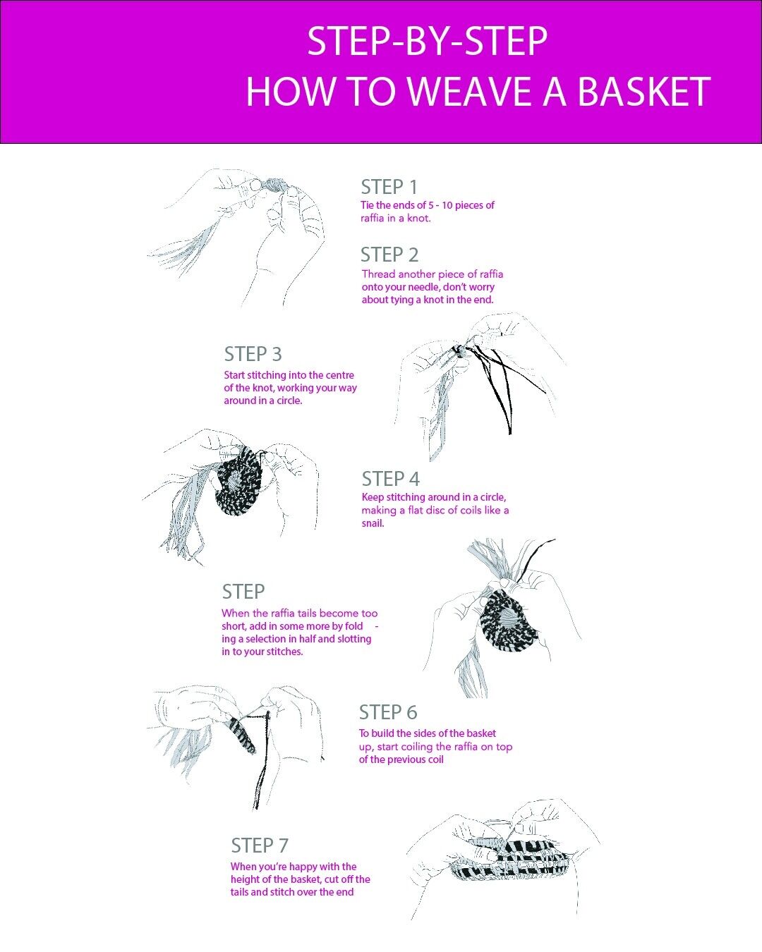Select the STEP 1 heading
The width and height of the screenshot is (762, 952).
389,187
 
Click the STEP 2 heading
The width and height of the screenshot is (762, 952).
389,255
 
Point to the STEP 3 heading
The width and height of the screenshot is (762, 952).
253,354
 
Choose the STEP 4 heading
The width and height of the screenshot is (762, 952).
390,479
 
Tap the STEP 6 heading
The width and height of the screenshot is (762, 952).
388,712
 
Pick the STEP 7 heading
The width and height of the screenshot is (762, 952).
260,846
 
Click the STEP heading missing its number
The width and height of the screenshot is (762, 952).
243,592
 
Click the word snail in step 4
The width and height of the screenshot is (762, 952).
373,523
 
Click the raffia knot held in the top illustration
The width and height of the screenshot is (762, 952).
272,186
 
